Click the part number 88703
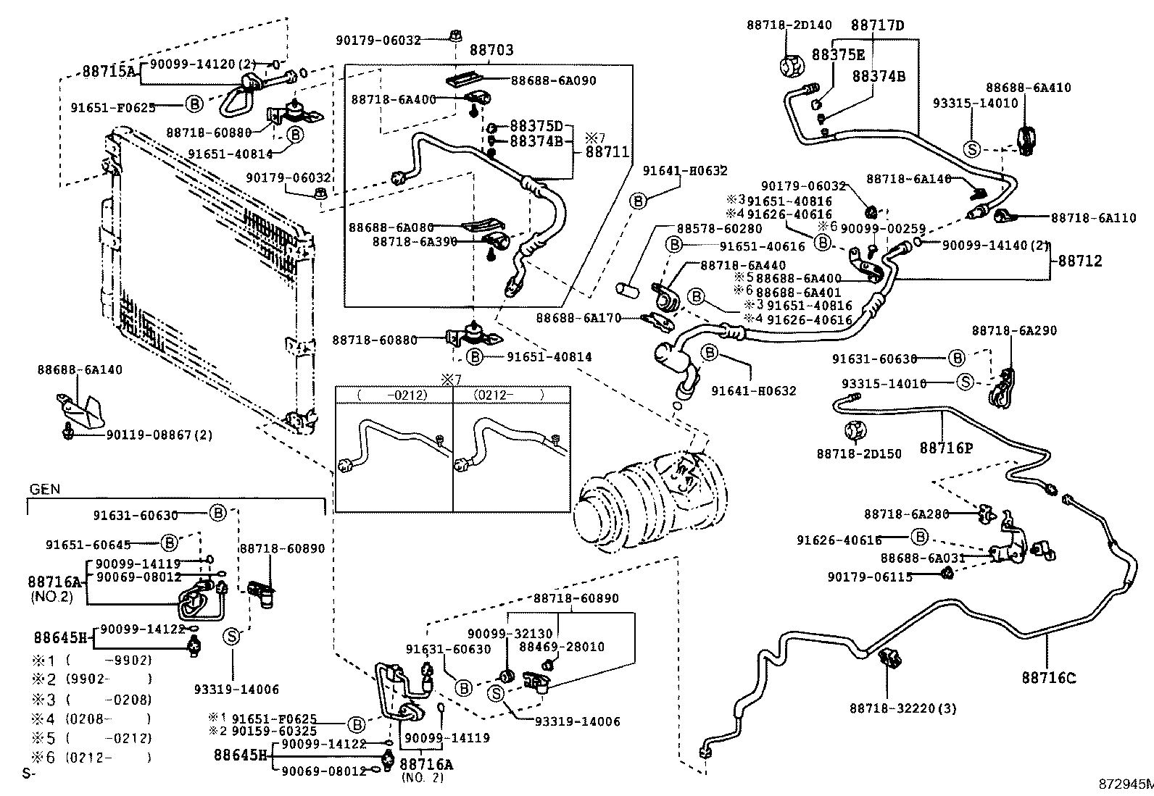pos(491,50)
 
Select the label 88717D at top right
pos(877,25)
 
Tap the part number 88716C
pos(1049,678)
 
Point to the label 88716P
pos(946,448)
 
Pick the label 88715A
pos(108,71)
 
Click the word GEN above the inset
pos(44,490)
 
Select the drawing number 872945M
pos(1124,784)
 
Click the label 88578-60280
pos(719,229)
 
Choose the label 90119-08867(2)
pos(159,435)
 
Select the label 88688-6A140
pos(80,370)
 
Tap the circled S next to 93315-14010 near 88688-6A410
pos(972,149)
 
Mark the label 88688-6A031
pos(923,558)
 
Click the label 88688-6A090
pos(553,80)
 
